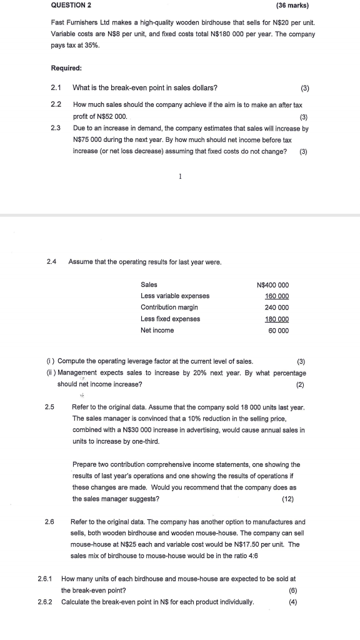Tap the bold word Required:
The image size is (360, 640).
point(67,67)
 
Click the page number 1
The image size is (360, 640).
point(181,176)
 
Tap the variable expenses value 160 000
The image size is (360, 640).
point(277,296)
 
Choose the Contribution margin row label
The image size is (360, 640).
point(169,307)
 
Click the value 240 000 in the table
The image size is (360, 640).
point(277,307)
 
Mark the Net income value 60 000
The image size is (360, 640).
point(279,330)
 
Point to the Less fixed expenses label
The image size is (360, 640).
point(171,319)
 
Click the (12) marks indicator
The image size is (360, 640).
point(288,499)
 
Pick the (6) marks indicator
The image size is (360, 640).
point(293,591)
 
